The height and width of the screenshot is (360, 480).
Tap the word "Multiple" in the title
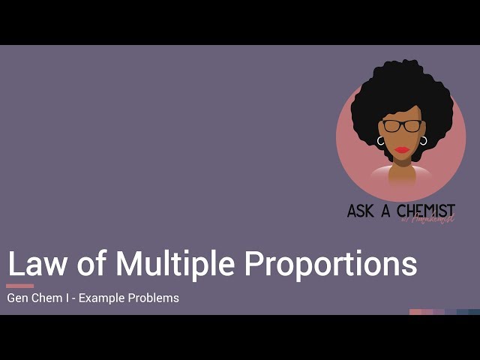pyautogui.click(x=175, y=263)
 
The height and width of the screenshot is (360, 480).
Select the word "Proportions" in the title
pyautogui.click(x=331, y=265)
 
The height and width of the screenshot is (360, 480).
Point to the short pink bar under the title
pyautogui.click(x=19, y=286)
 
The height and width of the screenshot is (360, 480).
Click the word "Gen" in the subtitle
pyautogui.click(x=19, y=298)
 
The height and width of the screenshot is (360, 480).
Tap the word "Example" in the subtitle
pyautogui.click(x=103, y=298)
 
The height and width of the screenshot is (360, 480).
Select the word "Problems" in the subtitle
pyautogui.click(x=155, y=298)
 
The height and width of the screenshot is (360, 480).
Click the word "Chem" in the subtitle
pyautogui.click(x=52, y=298)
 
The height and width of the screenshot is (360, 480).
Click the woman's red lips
pyautogui.click(x=403, y=149)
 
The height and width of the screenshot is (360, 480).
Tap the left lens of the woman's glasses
pyautogui.click(x=392, y=126)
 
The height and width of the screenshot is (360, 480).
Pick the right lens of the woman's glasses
pyautogui.click(x=412, y=126)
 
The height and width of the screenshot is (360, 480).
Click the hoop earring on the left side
pyautogui.click(x=381, y=140)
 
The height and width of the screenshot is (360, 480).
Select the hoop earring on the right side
pyautogui.click(x=424, y=140)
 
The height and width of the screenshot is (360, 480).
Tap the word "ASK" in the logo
pyautogui.click(x=360, y=211)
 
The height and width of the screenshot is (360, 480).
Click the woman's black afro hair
pyautogui.click(x=401, y=86)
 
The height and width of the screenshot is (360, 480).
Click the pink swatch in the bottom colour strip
pyautogui.click(x=415, y=312)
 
